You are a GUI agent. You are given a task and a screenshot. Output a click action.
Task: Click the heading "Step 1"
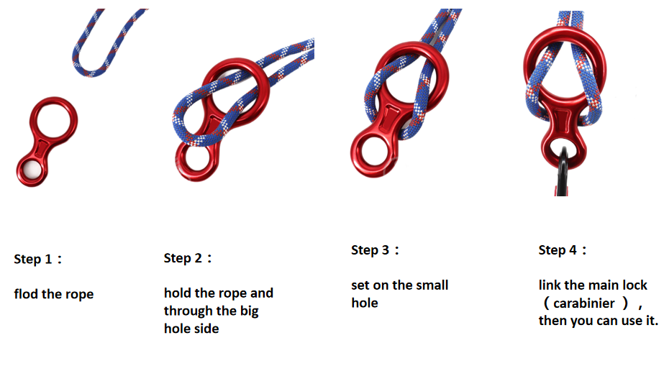(x=33, y=259)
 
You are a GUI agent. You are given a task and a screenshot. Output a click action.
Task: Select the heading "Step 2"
(x=183, y=258)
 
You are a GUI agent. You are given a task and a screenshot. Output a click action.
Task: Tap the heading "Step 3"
(x=370, y=250)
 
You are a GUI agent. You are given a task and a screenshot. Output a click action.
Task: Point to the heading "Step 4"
(x=558, y=250)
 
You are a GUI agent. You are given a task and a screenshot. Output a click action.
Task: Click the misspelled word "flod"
(x=26, y=294)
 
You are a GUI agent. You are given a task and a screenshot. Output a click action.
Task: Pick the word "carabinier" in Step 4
(x=584, y=303)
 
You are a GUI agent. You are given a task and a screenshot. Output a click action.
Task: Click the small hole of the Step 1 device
(x=32, y=170)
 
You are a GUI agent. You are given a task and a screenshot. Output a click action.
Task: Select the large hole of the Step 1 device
(x=53, y=120)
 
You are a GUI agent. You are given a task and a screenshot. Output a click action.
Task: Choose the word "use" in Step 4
(x=631, y=321)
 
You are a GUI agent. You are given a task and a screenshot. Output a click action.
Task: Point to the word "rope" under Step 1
(x=80, y=295)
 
